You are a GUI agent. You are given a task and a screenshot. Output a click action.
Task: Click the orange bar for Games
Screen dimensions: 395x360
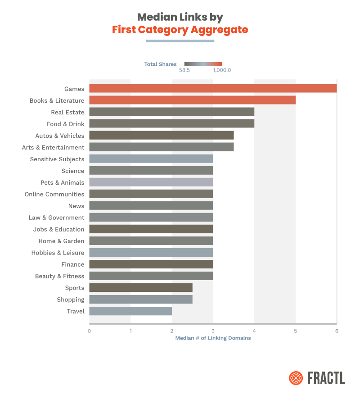[213, 88]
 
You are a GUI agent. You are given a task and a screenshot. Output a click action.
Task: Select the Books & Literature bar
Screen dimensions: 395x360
[192, 100]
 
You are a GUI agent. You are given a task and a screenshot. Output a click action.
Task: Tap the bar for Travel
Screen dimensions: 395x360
[130, 311]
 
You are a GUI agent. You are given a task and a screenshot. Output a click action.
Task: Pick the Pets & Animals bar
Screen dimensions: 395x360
[151, 182]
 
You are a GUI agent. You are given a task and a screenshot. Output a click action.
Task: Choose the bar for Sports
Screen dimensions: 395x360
[141, 287]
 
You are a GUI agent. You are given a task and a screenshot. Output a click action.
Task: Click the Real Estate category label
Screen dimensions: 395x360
[67, 112]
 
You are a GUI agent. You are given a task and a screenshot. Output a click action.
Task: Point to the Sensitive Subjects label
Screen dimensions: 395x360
[57, 159]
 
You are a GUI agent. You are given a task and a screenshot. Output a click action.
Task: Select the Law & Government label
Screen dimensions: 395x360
[56, 218]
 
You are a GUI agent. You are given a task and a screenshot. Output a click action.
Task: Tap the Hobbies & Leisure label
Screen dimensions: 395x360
[58, 253]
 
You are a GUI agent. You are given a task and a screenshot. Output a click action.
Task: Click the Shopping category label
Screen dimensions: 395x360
[70, 300]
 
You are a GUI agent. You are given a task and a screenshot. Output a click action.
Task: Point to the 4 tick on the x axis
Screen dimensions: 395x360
[254, 331]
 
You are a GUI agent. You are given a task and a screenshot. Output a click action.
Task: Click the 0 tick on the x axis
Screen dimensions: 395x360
[89, 331]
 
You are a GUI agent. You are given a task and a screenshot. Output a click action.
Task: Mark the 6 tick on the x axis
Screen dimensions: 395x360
[337, 331]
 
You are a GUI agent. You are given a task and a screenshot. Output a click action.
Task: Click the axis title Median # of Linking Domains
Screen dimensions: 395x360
[213, 338]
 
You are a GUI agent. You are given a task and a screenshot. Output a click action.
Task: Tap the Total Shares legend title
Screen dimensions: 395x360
[160, 64]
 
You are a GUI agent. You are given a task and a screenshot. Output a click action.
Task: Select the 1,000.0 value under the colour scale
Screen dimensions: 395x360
[222, 70]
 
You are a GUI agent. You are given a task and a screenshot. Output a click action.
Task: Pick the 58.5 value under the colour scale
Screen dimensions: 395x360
[184, 70]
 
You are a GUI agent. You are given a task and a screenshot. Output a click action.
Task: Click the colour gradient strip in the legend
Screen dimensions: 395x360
[203, 64]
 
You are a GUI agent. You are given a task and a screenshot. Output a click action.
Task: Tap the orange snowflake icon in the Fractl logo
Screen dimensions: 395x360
[296, 378]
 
